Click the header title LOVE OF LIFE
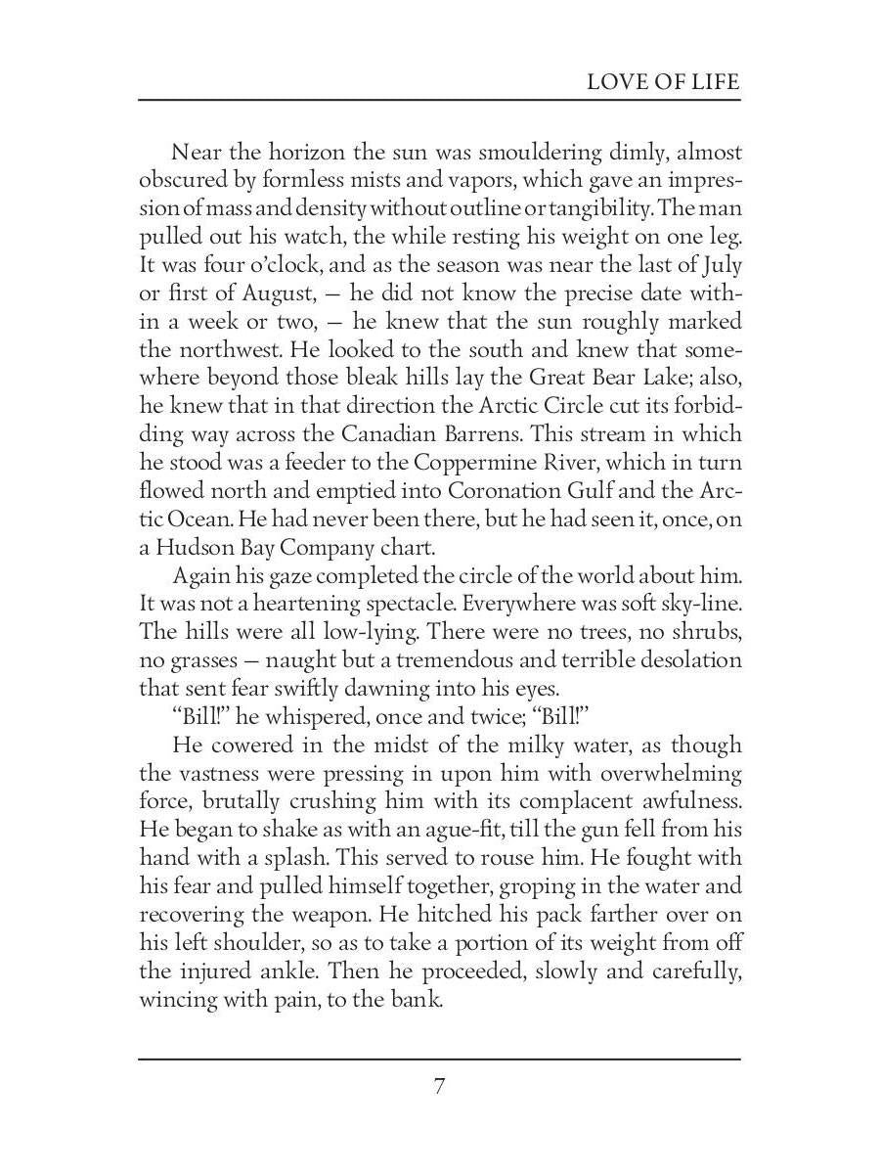pos(663,81)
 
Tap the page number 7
pos(440,1087)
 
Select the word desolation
pos(682,659)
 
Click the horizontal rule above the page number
pos(440,1059)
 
